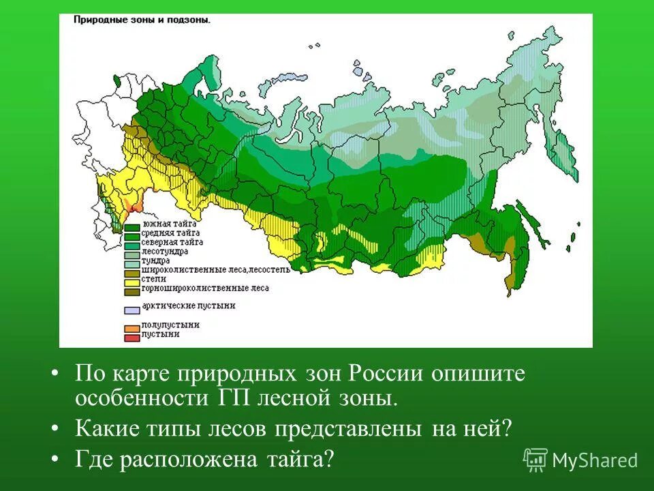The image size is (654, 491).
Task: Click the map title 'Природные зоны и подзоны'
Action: click(142, 20)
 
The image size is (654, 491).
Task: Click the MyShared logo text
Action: click(594, 460)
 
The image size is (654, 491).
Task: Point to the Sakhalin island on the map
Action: click(532, 224)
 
